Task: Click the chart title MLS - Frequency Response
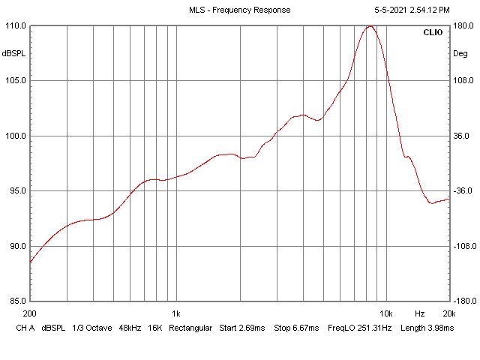[239, 10]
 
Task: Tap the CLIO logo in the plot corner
[433, 33]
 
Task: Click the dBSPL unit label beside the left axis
[13, 54]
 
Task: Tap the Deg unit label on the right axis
[460, 54]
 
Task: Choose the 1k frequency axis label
[175, 313]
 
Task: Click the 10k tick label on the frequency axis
[386, 313]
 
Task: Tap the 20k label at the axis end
[448, 313]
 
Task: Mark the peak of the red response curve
[370, 26]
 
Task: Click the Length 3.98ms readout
[427, 328]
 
